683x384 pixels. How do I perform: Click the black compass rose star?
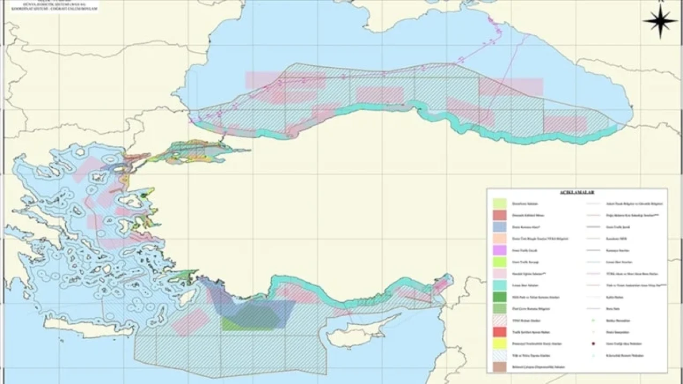pos(660,21)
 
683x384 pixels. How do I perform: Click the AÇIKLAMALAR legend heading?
pos(576,191)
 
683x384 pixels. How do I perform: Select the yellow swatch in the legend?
pos(500,343)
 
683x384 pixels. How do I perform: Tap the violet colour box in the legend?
pos(500,249)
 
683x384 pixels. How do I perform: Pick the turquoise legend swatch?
pos(500,285)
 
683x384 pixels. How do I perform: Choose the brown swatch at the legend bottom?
pos(500,367)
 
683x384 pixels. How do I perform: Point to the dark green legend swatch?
pos(500,297)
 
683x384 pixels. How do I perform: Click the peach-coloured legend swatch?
pos(500,238)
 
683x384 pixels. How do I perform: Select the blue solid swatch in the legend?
pos(500,226)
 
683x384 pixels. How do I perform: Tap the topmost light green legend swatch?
pos(500,203)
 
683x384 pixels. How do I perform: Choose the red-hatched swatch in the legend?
pos(500,320)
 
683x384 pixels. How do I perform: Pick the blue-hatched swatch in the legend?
pos(500,355)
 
